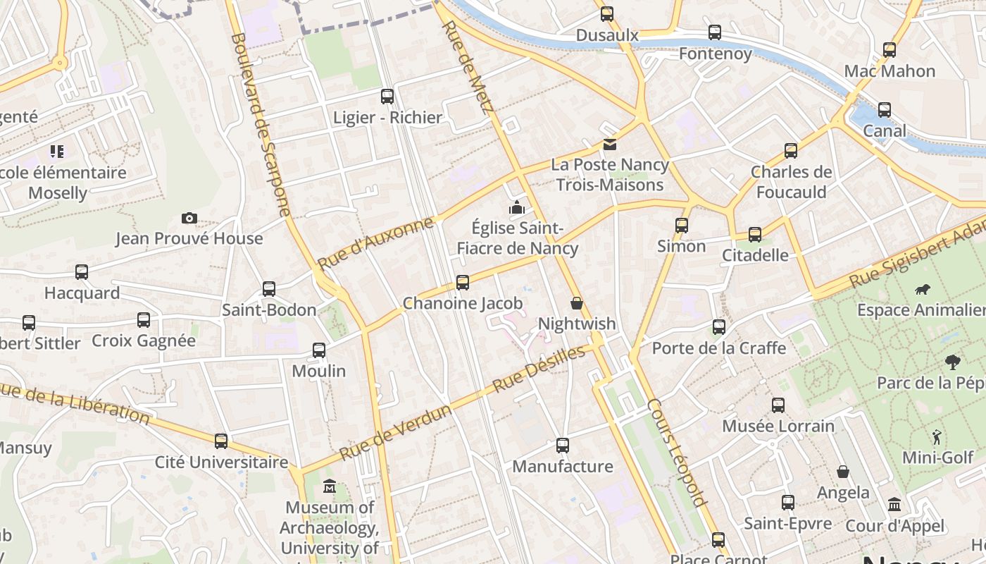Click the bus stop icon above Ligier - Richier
click(387, 97)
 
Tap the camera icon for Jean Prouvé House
click(189, 219)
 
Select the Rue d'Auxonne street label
click(375, 244)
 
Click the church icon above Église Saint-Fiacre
click(518, 208)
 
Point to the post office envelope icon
click(609, 145)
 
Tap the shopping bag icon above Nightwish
click(577, 303)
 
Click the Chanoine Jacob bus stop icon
click(462, 283)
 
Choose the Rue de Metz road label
click(466, 67)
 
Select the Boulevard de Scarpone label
click(261, 123)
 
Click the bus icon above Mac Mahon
click(890, 50)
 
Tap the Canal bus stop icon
click(884, 110)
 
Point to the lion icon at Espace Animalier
click(922, 289)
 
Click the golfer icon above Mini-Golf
click(937, 436)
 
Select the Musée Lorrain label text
click(778, 426)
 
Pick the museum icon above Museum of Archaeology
click(329, 486)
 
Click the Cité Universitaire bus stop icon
click(221, 441)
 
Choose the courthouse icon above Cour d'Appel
click(894, 505)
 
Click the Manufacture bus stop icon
click(562, 446)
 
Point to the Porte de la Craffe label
click(718, 348)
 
